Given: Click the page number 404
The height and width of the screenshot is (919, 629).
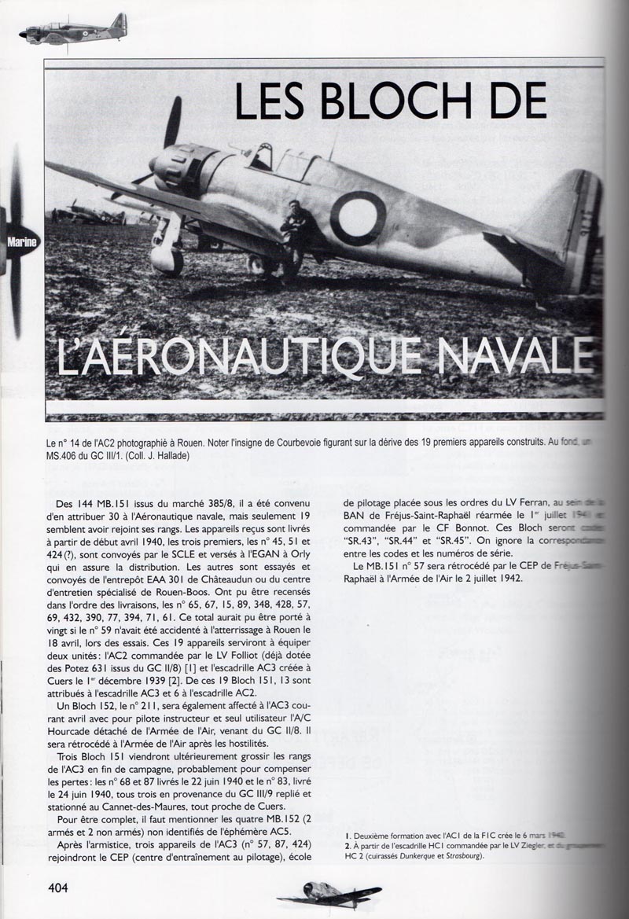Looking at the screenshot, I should click(x=57, y=888).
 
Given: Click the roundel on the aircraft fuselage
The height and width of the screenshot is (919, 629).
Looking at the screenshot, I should click(x=358, y=218).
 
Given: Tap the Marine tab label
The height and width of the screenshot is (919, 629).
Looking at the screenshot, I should click(x=22, y=243).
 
